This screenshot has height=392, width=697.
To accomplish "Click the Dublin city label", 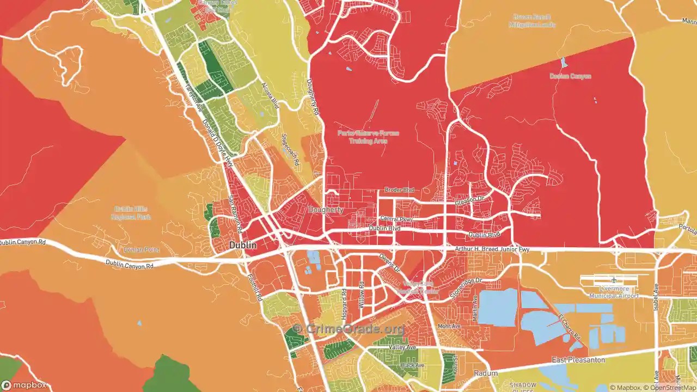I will (243, 246).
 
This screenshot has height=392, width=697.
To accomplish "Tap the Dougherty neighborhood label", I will (326, 210).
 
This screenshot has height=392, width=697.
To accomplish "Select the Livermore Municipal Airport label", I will (613, 292).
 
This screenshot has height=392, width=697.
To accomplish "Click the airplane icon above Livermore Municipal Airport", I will (614, 280).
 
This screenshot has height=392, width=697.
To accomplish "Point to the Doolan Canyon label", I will (570, 76).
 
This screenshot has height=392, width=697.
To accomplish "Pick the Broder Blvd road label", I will (399, 190).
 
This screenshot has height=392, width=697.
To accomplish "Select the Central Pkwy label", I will (396, 219).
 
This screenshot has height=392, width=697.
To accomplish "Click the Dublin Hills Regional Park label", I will (131, 213).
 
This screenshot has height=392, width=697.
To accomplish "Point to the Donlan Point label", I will (141, 249).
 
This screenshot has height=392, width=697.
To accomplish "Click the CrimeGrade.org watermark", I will (348, 329).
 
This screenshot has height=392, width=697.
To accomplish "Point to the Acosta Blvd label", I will (270, 95).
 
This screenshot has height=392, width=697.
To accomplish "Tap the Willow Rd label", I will (362, 295).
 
